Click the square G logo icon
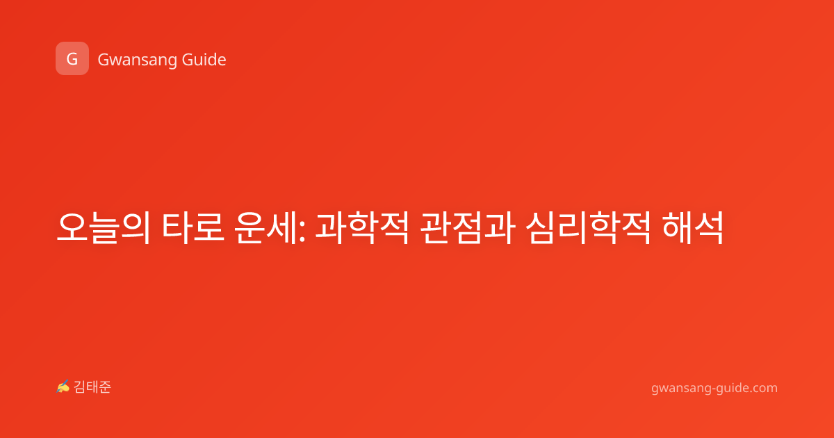tap(72, 58)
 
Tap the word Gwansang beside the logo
tap(138, 60)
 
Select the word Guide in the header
tap(204, 59)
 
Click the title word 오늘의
tap(104, 227)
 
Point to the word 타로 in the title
tap(193, 227)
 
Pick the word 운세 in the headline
tap(265, 227)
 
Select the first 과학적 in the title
tap(362, 227)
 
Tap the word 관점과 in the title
tap(468, 227)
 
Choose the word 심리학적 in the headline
tap(588, 227)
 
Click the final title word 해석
tap(693, 227)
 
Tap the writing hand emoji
tap(63, 387)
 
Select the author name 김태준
tap(92, 387)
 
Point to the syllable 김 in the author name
tap(80, 387)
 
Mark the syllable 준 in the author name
tap(105, 387)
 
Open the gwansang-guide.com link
tap(714, 388)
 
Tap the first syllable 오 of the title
tap(72, 227)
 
